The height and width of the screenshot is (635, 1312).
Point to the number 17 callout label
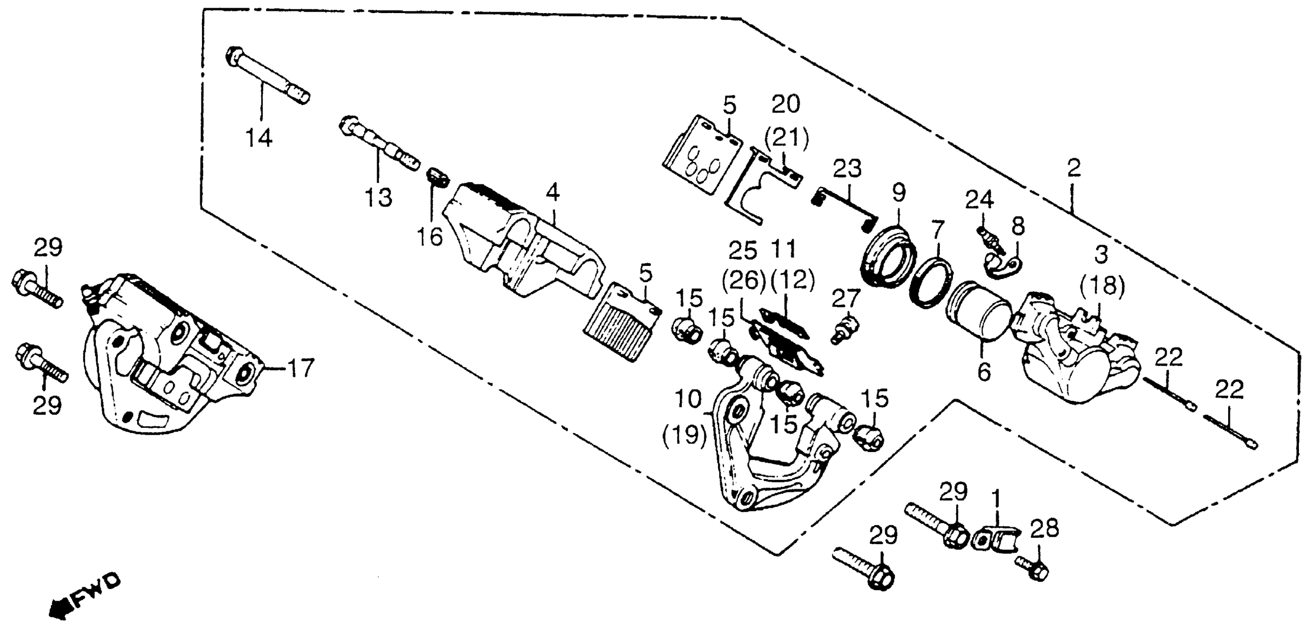point(300,368)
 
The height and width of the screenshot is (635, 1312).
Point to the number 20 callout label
point(785,104)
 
